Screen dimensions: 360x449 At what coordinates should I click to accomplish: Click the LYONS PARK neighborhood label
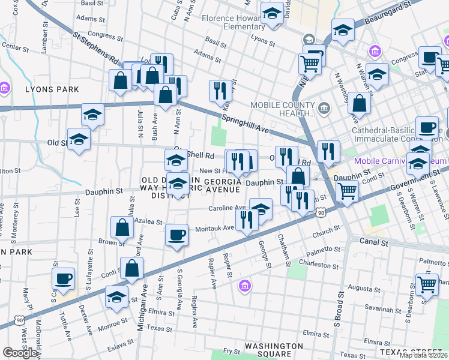pyautogui.click(x=52, y=89)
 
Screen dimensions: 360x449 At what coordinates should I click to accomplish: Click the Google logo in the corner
pyautogui.click(x=19, y=353)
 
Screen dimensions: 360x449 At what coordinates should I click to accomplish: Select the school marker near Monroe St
pyautogui.click(x=116, y=296)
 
